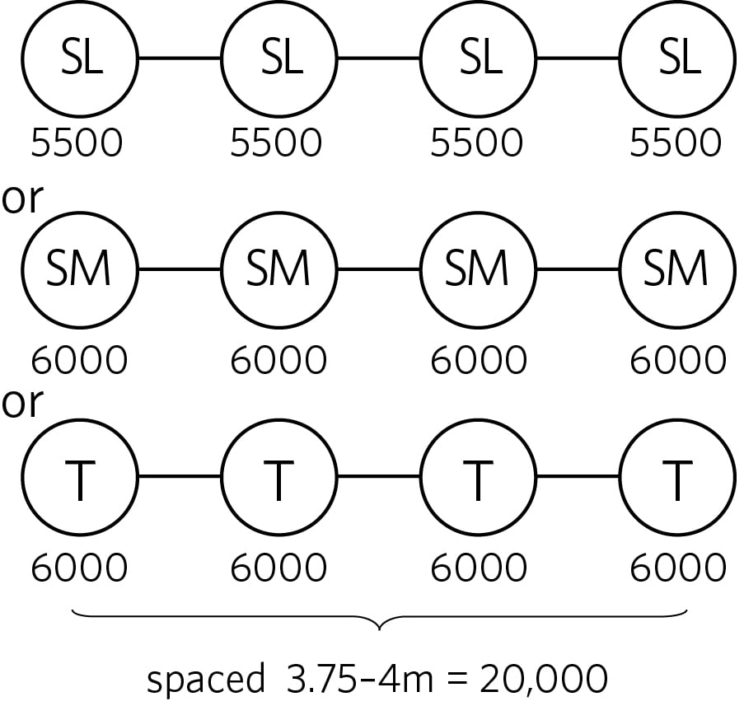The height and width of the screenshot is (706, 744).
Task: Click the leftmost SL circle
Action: (79, 58)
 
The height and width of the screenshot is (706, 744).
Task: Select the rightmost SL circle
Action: (677, 58)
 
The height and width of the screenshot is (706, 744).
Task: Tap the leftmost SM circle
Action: (79, 269)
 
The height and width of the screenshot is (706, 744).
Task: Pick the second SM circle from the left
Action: (279, 269)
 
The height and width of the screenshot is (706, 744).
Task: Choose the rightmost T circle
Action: (677, 477)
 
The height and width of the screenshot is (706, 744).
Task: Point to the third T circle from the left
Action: (478, 477)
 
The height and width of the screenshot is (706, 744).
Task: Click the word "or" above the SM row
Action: (22, 200)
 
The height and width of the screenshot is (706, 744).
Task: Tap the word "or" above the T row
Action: (22, 404)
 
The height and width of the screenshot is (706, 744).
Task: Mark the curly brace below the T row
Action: (379, 620)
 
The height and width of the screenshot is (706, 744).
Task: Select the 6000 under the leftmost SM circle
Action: (79, 360)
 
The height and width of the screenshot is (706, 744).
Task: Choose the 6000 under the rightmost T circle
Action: (678, 568)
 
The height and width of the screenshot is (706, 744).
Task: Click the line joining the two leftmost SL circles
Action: (180, 58)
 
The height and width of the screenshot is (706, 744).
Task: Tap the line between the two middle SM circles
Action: (379, 269)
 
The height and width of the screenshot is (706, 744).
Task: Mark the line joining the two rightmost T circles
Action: (578, 477)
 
